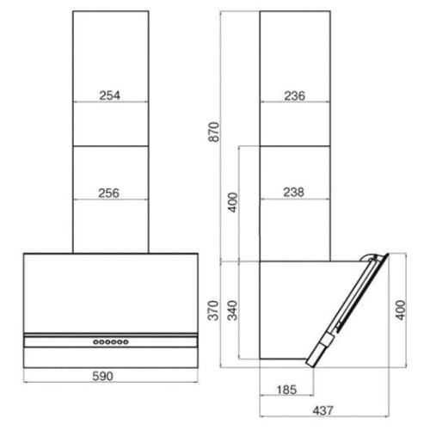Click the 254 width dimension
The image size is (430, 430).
[x=110, y=95]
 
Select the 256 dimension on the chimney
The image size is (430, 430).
[x=109, y=193]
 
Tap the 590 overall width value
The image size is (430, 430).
[x=103, y=376]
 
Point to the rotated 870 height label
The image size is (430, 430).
[x=214, y=132]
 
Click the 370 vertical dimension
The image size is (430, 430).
[x=213, y=310]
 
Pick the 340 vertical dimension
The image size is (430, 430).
[x=232, y=310]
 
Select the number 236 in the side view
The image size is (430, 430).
[x=295, y=95]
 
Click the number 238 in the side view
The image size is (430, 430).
[x=294, y=192]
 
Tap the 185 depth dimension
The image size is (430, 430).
[x=286, y=390]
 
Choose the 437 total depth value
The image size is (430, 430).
[x=323, y=410]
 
